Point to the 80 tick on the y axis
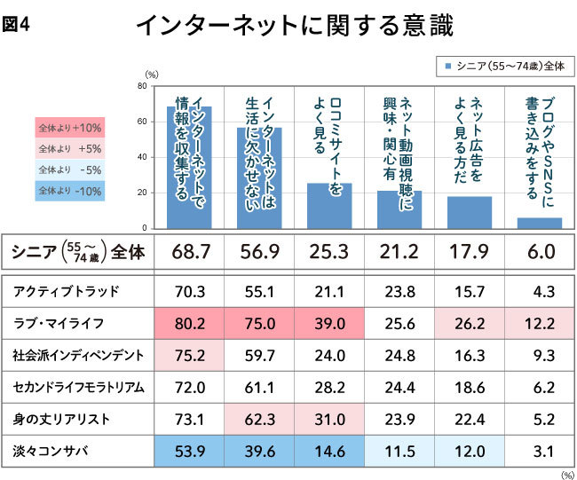(x=142, y=87)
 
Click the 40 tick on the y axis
(x=142, y=157)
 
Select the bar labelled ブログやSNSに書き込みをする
(x=540, y=222)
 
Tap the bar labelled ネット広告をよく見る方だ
(x=470, y=211)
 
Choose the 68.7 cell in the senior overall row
(x=190, y=252)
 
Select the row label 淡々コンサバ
(x=46, y=451)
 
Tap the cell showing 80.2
(x=190, y=323)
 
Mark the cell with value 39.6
(x=259, y=451)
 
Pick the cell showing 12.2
(x=540, y=323)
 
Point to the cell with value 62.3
(x=259, y=419)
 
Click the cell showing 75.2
(x=190, y=355)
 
